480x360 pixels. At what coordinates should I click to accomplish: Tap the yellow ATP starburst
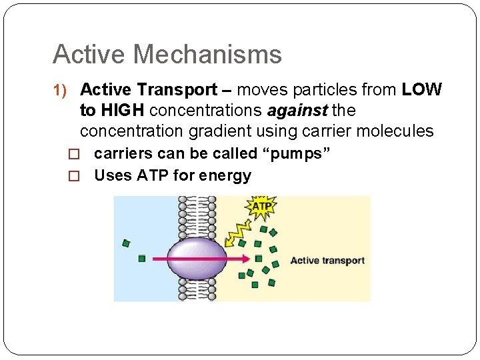coord(261,207)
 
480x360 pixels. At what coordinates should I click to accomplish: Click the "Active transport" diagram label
coord(327,261)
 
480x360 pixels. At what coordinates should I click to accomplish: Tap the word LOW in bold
coord(421,90)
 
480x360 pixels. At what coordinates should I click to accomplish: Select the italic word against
coord(297,110)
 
